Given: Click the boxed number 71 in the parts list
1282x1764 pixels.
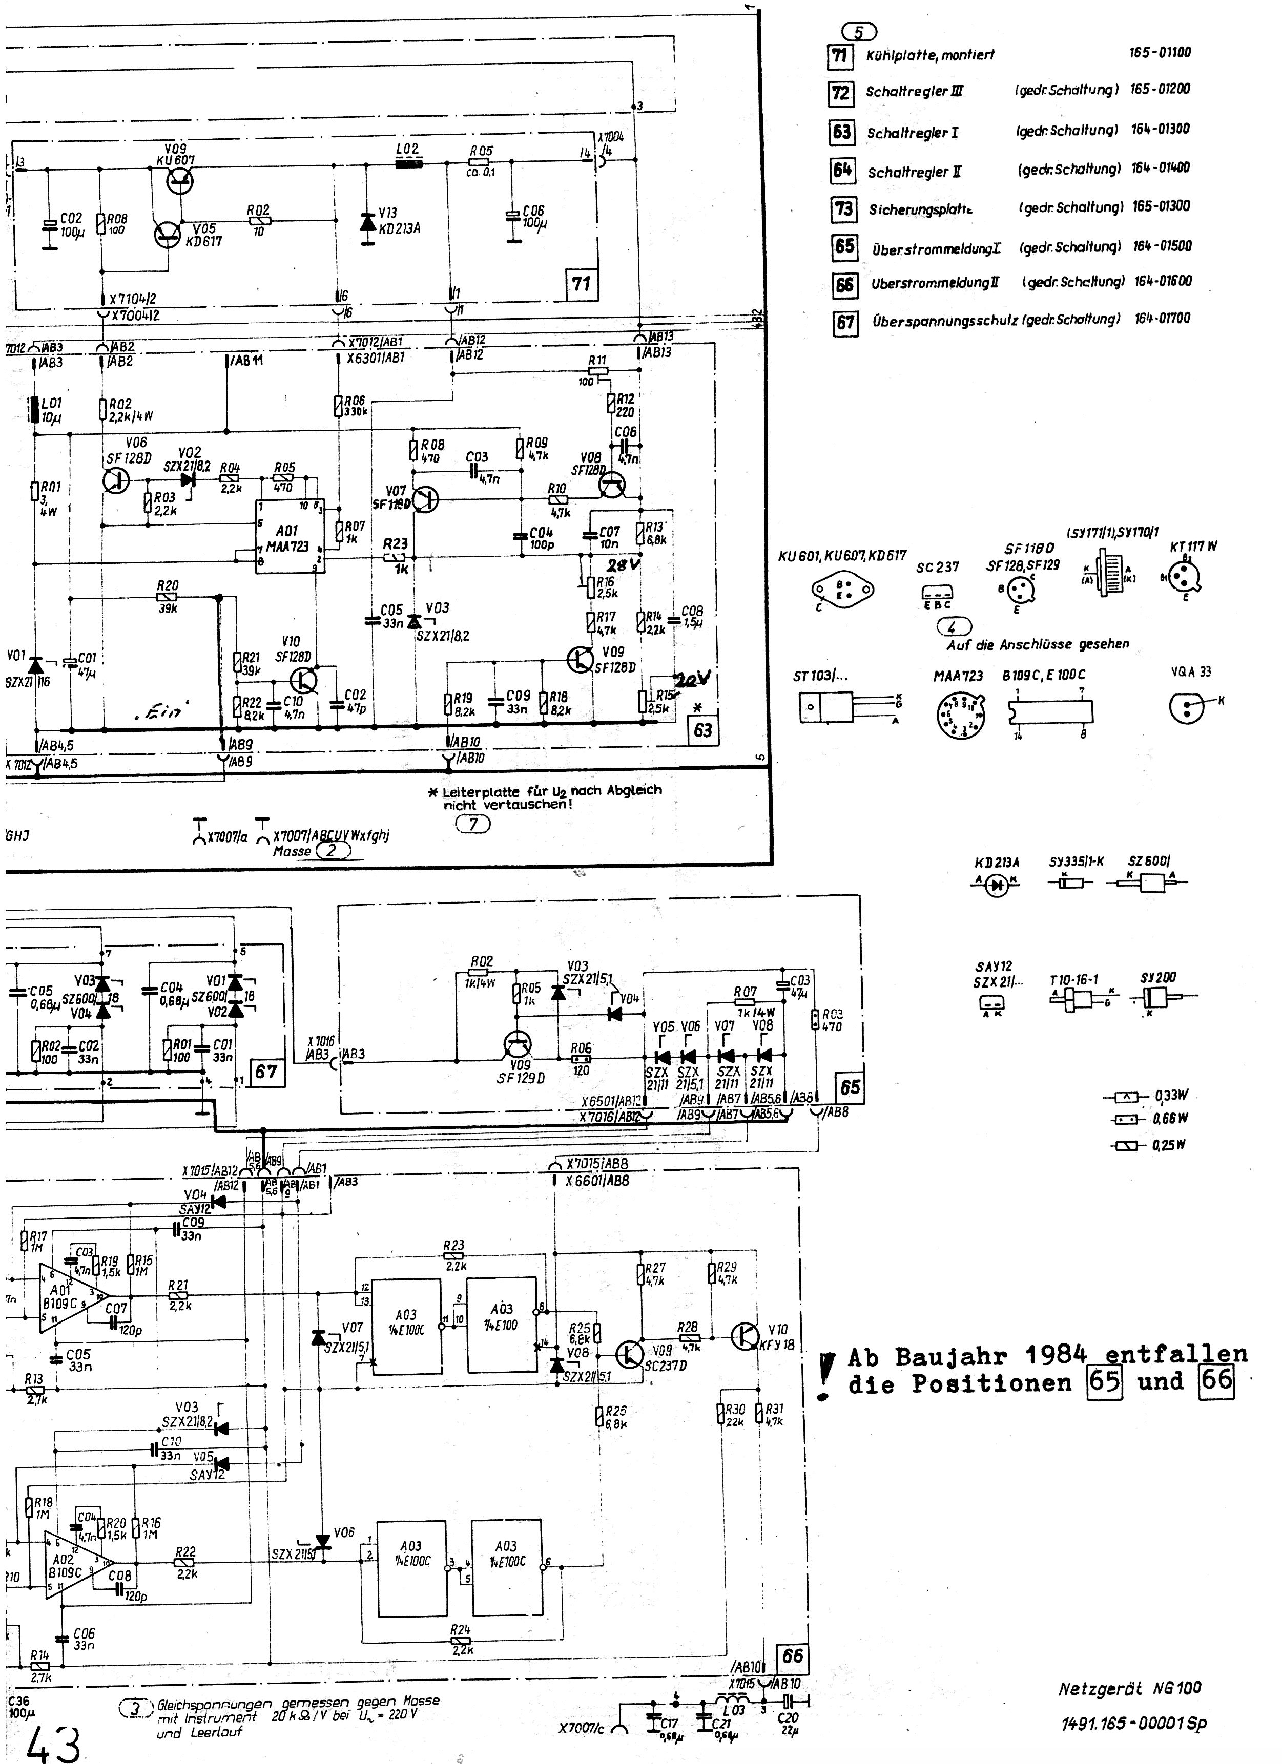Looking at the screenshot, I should [839, 56].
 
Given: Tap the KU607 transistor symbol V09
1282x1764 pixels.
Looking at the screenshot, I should [180, 181].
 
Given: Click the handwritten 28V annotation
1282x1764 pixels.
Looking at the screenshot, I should [623, 564].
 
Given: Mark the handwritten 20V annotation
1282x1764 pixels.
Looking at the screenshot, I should [692, 679].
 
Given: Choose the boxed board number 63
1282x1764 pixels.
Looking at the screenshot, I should [702, 729].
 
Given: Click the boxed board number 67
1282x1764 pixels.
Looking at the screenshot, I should [265, 1071].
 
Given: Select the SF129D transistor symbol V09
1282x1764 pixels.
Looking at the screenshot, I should [518, 1046].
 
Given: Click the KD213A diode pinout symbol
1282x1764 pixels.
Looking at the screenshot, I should [997, 884].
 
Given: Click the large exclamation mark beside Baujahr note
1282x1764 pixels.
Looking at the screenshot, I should [827, 1375].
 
